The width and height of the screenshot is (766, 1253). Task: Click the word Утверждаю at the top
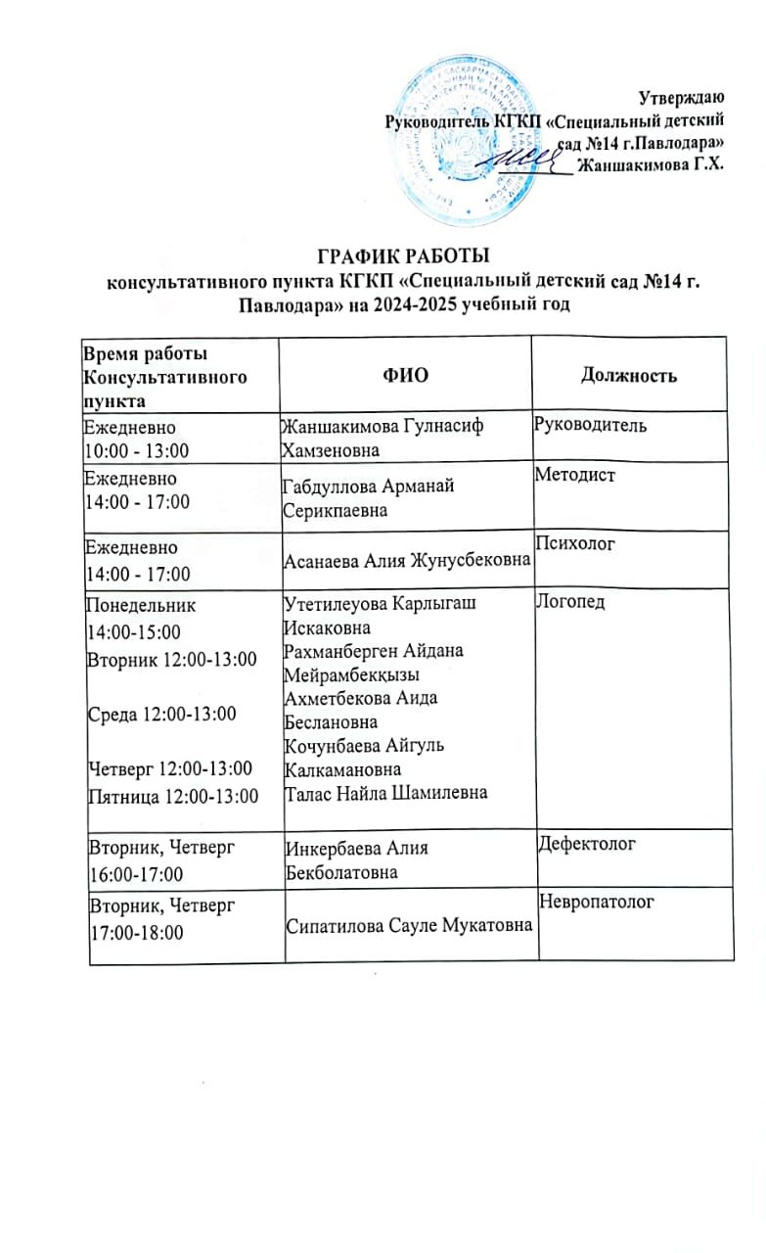click(x=681, y=98)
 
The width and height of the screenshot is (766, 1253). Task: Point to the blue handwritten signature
click(x=531, y=157)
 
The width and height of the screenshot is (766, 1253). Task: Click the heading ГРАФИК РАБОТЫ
click(x=404, y=258)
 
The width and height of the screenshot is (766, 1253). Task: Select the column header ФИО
click(x=406, y=375)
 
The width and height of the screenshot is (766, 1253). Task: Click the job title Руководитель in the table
click(x=591, y=426)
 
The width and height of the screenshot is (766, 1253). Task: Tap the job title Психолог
click(x=576, y=541)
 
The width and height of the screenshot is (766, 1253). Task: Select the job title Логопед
click(x=571, y=601)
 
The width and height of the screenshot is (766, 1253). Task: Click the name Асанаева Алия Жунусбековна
click(x=406, y=560)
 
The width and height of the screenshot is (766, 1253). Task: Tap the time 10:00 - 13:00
click(x=138, y=449)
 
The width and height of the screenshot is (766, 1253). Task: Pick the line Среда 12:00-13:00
click(x=162, y=714)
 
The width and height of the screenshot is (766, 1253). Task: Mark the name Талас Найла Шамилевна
click(x=384, y=792)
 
